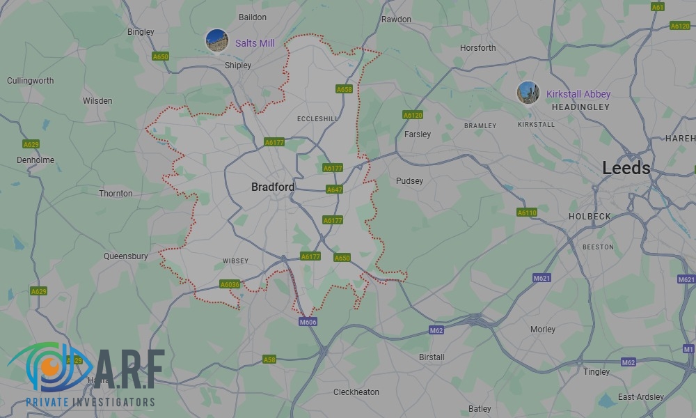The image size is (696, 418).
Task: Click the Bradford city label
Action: [x=272, y=187]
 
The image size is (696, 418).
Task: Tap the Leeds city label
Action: [x=626, y=168]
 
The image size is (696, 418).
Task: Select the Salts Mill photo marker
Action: [x=216, y=40]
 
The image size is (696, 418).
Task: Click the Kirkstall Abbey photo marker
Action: [x=528, y=93]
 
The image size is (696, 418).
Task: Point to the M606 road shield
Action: [x=308, y=322]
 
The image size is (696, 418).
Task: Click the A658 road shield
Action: [x=344, y=89]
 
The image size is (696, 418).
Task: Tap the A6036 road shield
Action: [x=230, y=284]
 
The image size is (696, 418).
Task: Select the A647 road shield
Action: [x=334, y=189]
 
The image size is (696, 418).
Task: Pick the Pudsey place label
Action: [x=409, y=181]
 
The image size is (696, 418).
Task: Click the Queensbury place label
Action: [x=126, y=256]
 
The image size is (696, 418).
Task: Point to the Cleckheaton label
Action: [x=356, y=392]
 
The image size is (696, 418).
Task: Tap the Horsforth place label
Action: [x=478, y=48]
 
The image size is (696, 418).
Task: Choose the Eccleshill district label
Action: [x=317, y=119]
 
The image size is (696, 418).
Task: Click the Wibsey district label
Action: [x=235, y=261]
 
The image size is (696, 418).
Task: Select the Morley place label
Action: [x=543, y=330]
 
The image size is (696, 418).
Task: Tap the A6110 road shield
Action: [x=527, y=212]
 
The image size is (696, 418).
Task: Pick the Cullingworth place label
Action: [x=30, y=81]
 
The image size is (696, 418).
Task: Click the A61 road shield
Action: [x=658, y=7]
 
